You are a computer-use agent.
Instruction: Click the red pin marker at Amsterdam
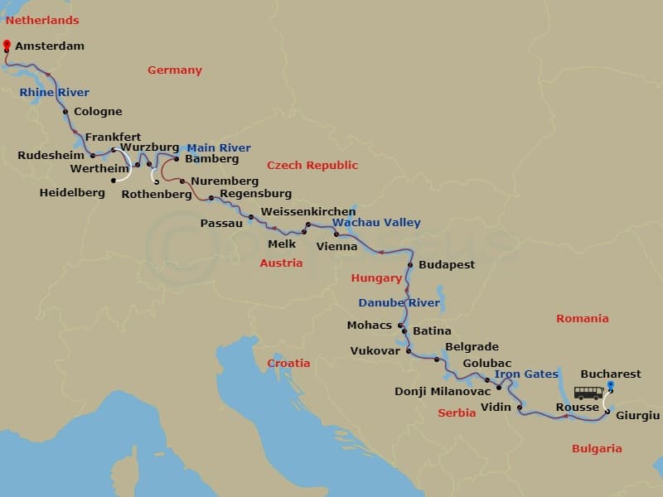click(7, 45)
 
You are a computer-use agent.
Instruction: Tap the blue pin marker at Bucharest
click(611, 385)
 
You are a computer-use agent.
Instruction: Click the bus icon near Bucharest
click(588, 393)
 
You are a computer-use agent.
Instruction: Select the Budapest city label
click(447, 265)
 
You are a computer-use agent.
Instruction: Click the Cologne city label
click(98, 112)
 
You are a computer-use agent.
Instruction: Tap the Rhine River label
click(54, 93)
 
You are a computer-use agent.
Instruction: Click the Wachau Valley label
click(376, 223)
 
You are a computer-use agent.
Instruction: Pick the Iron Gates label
click(526, 374)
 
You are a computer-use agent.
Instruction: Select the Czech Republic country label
click(312, 166)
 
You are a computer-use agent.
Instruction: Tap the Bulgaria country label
click(596, 449)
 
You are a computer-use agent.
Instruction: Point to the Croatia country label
click(288, 364)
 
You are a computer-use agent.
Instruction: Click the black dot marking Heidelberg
click(113, 180)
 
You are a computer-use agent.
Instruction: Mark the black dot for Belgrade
click(436, 359)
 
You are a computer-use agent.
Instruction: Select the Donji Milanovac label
click(443, 391)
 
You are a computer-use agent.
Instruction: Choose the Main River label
click(219, 148)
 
